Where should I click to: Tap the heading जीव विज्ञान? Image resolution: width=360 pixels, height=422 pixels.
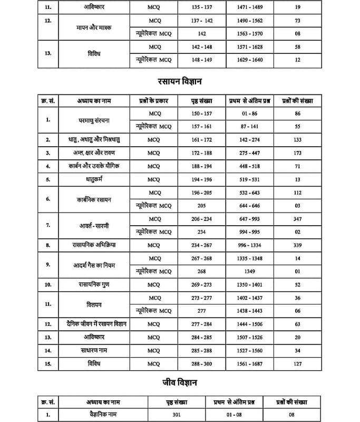[180, 381]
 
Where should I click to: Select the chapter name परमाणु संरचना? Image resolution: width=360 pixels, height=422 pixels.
[92, 120]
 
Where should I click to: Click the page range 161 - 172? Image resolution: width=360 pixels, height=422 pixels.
[202, 139]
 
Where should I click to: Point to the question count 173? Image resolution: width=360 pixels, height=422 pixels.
[298, 153]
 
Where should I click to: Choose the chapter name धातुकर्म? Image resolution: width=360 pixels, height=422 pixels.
[92, 179]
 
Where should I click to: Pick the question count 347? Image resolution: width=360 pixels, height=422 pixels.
[298, 218]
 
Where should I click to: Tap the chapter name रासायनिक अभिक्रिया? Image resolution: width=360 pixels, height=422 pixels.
[92, 245]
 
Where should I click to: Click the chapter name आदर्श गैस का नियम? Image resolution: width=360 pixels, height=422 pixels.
[92, 265]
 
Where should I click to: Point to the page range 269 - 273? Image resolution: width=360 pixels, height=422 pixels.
[202, 284]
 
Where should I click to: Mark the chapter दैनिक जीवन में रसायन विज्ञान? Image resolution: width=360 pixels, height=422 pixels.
[92, 323]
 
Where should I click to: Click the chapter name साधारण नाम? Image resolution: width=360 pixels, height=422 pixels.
[92, 350]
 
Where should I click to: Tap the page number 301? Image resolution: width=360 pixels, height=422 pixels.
[180, 415]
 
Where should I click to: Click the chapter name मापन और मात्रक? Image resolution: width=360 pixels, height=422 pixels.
[92, 27]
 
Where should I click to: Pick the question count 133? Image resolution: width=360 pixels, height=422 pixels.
[298, 139]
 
